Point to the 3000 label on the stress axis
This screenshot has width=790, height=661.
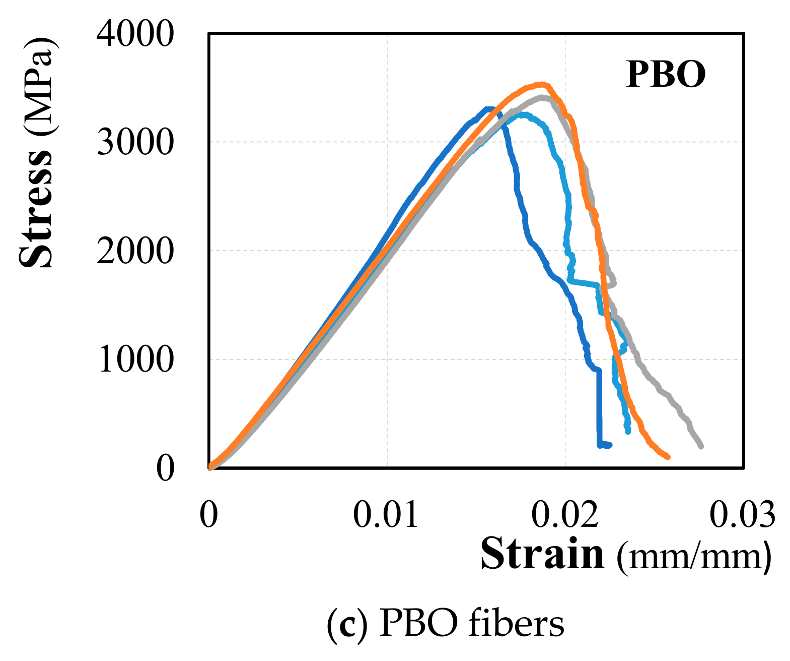(x=135, y=143)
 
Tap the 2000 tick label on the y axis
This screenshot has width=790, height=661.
(x=135, y=251)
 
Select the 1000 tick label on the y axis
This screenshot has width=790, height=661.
(x=135, y=360)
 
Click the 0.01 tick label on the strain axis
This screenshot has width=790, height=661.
(x=386, y=515)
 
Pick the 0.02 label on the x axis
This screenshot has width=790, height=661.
(x=564, y=515)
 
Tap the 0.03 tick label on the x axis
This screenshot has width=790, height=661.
(x=742, y=515)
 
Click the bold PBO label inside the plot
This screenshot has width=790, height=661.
(x=665, y=75)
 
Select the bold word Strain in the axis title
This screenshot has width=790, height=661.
(x=542, y=554)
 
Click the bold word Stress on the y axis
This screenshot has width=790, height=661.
(x=36, y=207)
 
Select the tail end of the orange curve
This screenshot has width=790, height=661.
(x=667, y=457)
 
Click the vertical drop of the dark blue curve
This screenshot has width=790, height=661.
(x=599, y=408)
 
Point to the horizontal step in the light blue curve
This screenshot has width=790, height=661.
(x=583, y=283)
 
